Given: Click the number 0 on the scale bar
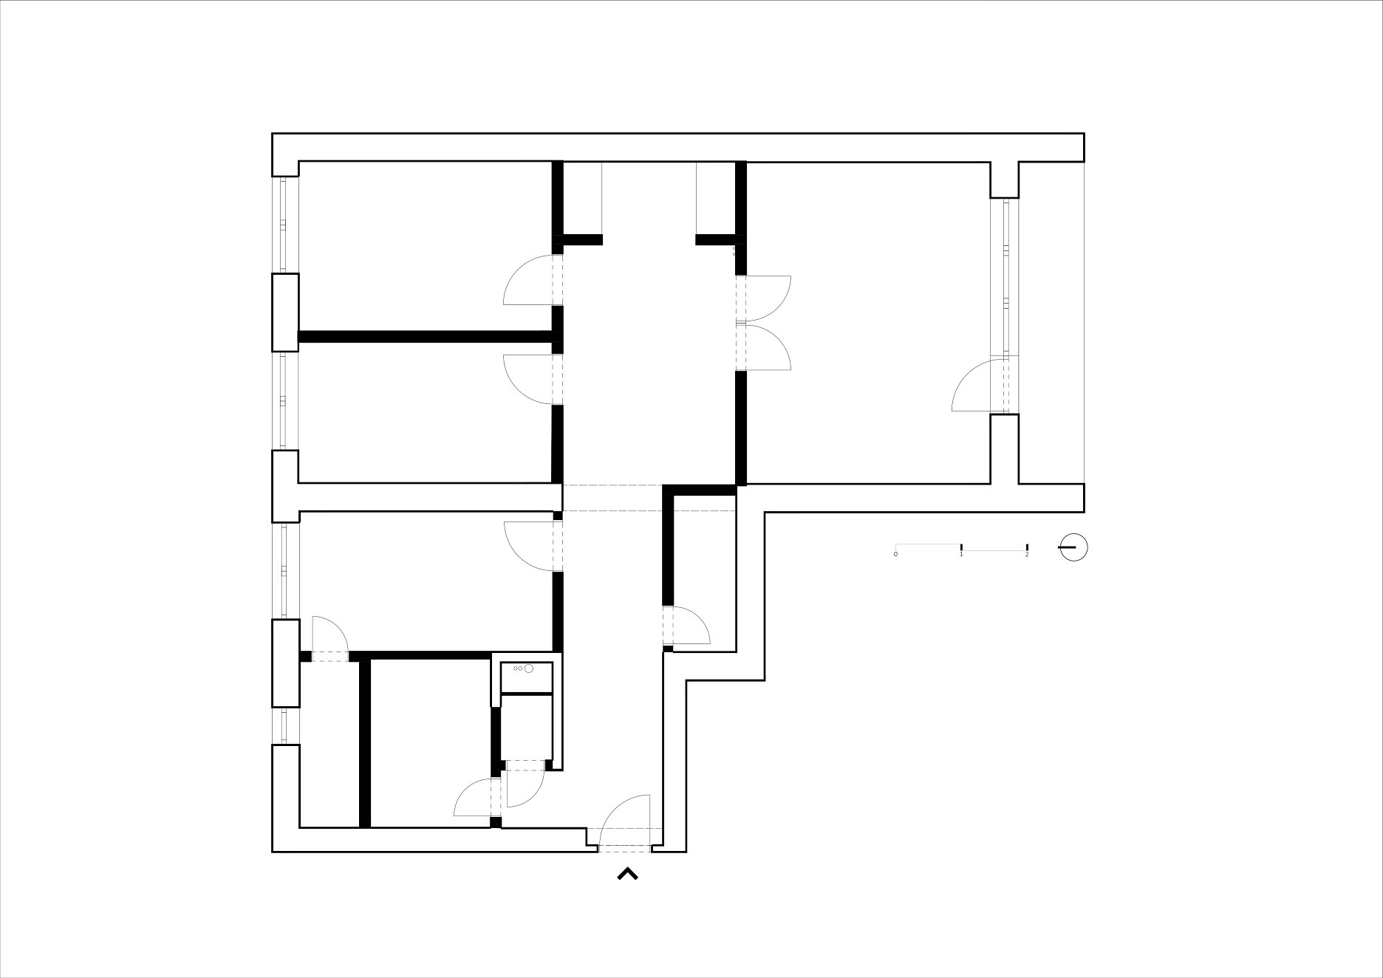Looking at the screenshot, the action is [x=895, y=554].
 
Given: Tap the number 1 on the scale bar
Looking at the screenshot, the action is [x=961, y=554].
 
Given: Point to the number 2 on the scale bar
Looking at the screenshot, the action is [x=1027, y=554].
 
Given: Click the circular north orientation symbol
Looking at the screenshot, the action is [x=1073, y=547].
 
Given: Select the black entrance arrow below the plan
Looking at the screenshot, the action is [x=627, y=874].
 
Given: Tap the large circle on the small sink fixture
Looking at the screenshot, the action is [x=528, y=668].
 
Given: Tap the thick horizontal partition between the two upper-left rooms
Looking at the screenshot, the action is [x=426, y=337].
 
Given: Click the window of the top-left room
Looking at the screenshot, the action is [x=283, y=225].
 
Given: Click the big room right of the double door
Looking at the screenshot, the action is [x=868, y=323].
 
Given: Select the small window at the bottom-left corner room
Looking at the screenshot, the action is [x=283, y=725].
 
